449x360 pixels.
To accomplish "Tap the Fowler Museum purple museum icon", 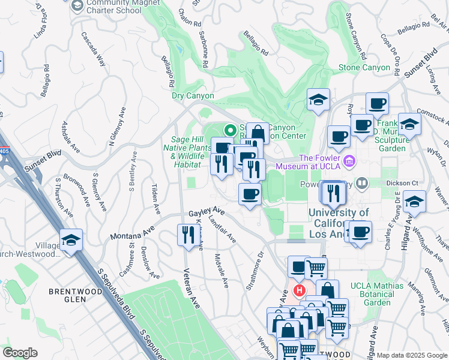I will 350,161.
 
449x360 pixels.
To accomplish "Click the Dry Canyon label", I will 193,95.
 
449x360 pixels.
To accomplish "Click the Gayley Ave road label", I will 206,212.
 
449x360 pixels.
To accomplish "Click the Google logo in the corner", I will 20,352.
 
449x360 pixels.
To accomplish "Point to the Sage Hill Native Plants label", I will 186,148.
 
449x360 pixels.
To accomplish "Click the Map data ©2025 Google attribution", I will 412,355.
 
